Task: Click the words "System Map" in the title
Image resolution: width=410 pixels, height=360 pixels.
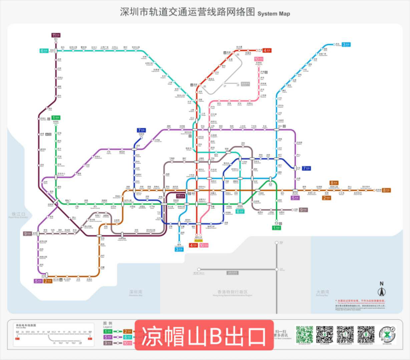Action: click(274, 14)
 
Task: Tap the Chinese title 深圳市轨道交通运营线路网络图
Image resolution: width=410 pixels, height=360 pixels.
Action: click(187, 12)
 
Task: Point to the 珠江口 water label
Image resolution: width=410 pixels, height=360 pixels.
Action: click(18, 214)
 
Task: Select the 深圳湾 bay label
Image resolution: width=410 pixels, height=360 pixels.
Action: click(136, 292)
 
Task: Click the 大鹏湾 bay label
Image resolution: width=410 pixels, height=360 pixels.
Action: click(323, 292)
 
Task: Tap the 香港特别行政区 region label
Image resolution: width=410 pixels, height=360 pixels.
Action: click(233, 292)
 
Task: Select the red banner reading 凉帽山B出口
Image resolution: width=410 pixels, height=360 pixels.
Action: click(204, 335)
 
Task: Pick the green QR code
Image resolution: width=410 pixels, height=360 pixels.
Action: click(305, 335)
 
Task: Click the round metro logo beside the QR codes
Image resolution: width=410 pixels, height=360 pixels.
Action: click(387, 334)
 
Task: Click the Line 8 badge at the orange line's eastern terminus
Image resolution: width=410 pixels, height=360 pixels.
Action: click(386, 190)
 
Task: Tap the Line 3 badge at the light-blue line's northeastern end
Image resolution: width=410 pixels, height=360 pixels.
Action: click(346, 44)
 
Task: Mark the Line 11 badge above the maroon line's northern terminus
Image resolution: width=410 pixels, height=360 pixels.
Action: click(56, 35)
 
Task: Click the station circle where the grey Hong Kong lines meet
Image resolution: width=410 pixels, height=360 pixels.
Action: click(277, 269)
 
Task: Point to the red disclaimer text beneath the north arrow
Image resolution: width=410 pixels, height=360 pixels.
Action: click(360, 301)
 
